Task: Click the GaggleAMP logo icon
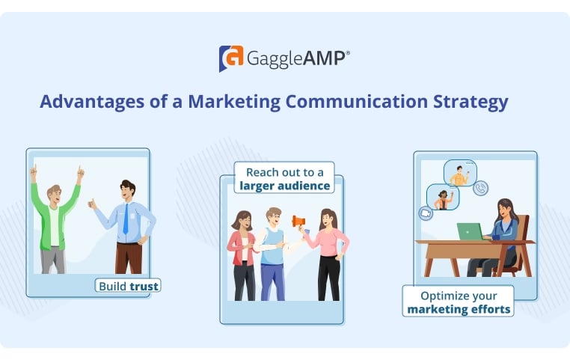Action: tap(230, 58)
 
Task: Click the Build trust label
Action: tap(129, 285)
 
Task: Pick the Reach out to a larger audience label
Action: tap(284, 178)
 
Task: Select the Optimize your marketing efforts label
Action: tap(458, 300)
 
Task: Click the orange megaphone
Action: tap(298, 222)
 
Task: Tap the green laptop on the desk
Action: tap(471, 232)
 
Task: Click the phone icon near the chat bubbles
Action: tap(481, 189)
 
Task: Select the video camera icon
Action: tap(426, 213)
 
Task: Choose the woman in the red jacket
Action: tap(243, 251)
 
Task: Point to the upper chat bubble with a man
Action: tap(459, 174)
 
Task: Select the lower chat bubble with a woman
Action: tap(442, 198)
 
